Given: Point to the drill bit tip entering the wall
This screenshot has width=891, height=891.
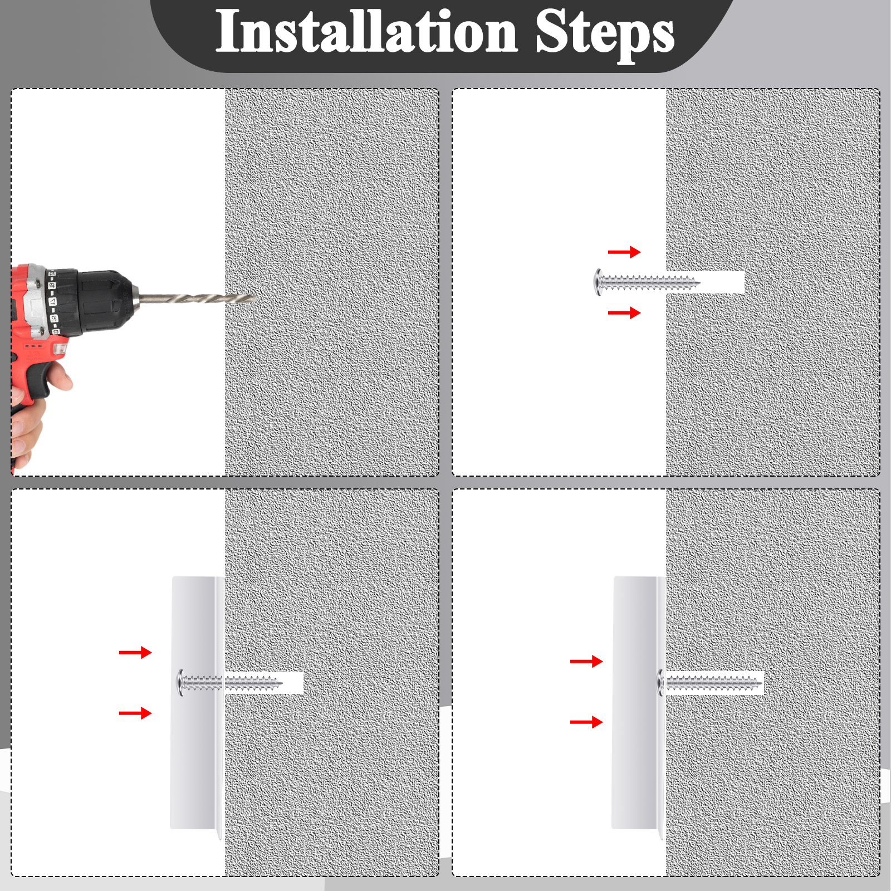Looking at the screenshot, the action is click(256, 298).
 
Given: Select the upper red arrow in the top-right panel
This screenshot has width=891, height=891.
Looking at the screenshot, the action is click(624, 252).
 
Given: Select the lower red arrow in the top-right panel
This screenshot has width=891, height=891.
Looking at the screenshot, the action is click(624, 313).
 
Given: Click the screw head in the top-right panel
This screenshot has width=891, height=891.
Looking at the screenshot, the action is click(598, 282).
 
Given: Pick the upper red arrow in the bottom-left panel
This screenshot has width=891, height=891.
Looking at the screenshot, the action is click(135, 652).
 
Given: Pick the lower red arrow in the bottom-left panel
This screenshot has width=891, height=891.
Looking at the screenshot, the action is click(135, 713).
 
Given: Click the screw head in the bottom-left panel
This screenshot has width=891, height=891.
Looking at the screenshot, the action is click(181, 683).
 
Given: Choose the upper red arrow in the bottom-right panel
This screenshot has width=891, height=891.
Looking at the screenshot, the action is click(586, 662).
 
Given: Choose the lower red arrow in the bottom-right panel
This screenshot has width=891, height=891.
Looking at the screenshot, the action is click(586, 722).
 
